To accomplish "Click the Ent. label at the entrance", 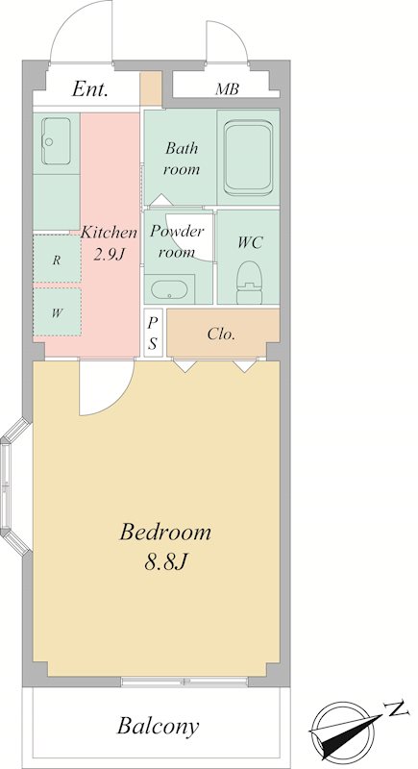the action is tap(90, 89).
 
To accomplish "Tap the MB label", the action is tap(228, 89).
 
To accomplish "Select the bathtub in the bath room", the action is tap(248, 158).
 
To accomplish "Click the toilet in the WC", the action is tap(250, 283).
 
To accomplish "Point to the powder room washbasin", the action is tap(169, 289).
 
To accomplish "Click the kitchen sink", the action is tap(56, 141).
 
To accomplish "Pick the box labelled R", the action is tap(57, 259).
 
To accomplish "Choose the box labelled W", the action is tap(57, 311).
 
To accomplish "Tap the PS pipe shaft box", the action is tap(153, 333).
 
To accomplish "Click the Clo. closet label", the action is tap(222, 335).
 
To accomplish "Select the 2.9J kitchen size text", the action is tap(109, 255).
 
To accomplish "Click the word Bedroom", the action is tap(165, 533).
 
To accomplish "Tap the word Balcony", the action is tap(159, 726).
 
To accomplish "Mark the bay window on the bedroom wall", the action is tap(13, 487).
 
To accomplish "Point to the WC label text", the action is tap(250, 242).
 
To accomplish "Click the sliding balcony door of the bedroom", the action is tap(184, 682).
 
